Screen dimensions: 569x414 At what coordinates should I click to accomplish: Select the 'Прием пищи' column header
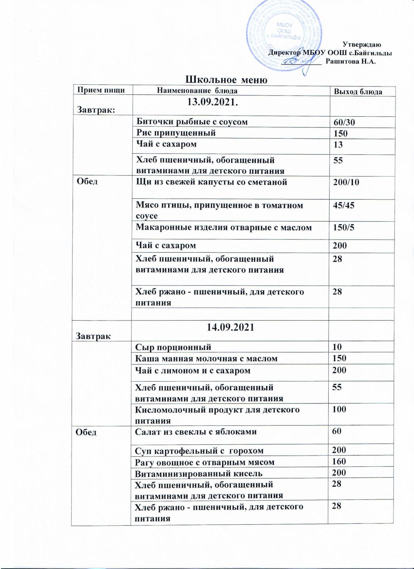point(101,90)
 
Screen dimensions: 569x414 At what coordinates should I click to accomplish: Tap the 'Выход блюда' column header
point(358,92)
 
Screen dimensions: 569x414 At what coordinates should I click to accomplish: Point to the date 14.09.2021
point(230,327)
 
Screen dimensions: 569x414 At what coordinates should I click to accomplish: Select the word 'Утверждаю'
point(362,44)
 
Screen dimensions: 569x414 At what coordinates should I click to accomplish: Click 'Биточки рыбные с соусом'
point(192,122)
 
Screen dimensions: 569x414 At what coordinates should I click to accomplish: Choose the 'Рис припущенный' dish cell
point(176,133)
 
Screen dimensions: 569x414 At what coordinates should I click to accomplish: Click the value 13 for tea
point(338,145)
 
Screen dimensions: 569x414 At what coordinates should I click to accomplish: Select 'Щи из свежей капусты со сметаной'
point(211,182)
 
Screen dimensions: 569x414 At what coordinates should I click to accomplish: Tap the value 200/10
point(346,182)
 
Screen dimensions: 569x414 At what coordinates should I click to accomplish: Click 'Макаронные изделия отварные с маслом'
point(224,228)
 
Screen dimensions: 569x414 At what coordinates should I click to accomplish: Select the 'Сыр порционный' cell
point(173,347)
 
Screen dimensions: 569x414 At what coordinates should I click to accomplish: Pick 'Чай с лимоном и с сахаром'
point(192,370)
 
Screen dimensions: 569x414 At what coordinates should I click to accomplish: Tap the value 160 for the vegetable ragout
point(339,461)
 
